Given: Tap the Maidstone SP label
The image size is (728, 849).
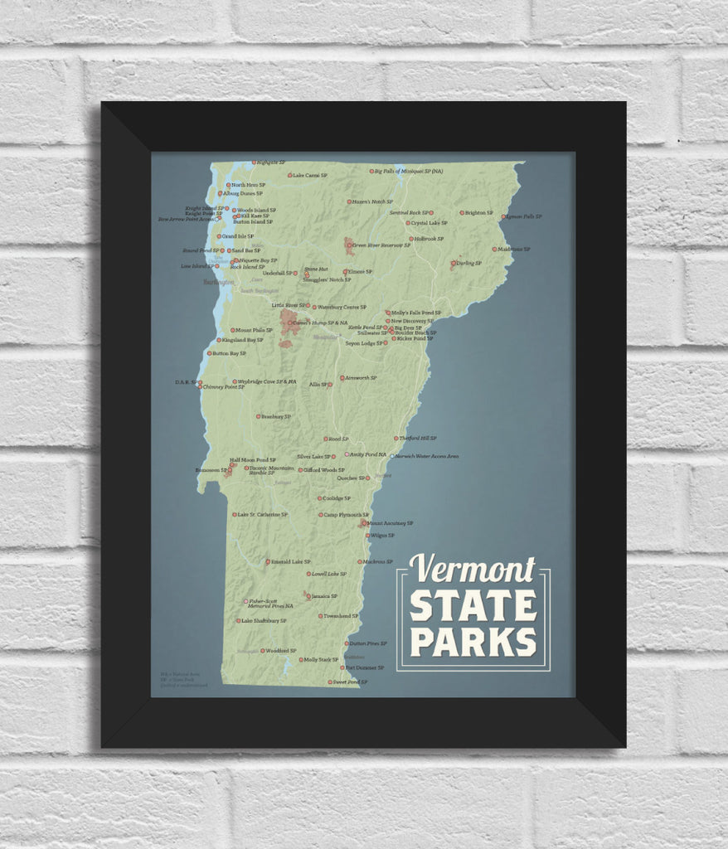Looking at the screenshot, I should pyautogui.click(x=514, y=249).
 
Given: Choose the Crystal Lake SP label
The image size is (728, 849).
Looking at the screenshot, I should pyautogui.click(x=430, y=223).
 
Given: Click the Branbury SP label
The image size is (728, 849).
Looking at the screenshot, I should pyautogui.click(x=276, y=416).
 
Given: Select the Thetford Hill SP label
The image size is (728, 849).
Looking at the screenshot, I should pyautogui.click(x=418, y=438).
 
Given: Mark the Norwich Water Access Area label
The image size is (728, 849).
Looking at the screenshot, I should pyautogui.click(x=427, y=456).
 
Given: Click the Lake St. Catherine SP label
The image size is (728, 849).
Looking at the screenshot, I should pyautogui.click(x=262, y=515).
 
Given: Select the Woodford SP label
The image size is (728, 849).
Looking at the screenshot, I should pyautogui.click(x=281, y=651).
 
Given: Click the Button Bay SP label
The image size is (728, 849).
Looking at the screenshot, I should pyautogui.click(x=229, y=354).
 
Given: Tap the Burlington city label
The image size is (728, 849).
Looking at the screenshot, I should pyautogui.click(x=219, y=282).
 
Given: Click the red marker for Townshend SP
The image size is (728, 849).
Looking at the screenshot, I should pyautogui.click(x=320, y=616).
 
